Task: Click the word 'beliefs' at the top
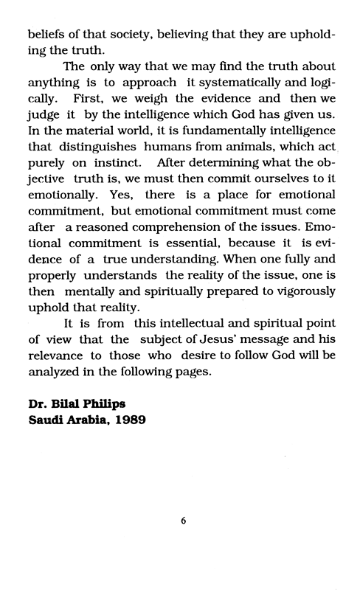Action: point(46,34)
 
